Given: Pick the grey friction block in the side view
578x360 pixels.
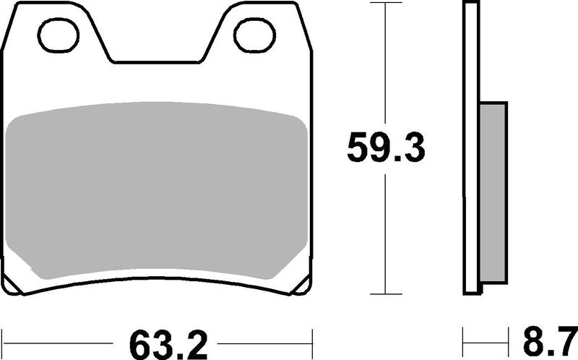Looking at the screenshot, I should coord(493,192).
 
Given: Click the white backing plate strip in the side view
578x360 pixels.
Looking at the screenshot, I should coord(470,145).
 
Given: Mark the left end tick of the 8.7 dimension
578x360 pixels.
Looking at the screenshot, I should coord(463,337).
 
